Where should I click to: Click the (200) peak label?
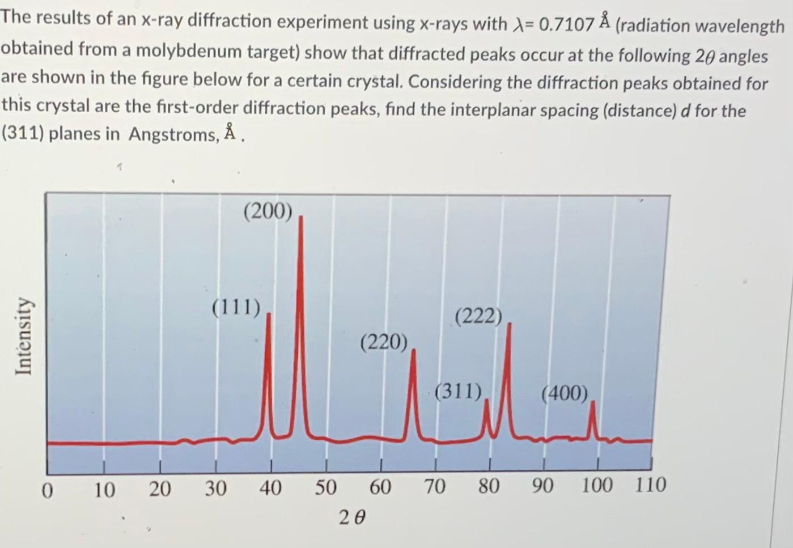click(x=268, y=211)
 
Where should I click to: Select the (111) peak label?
click(x=236, y=308)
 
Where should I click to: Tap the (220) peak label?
click(x=384, y=342)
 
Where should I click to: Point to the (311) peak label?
click(x=458, y=391)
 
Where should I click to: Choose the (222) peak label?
click(x=478, y=316)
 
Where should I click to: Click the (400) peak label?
click(x=565, y=393)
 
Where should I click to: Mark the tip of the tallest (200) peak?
click(x=300, y=217)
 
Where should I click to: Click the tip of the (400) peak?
click(x=593, y=402)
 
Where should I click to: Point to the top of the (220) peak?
click(x=413, y=350)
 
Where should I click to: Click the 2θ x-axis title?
click(x=353, y=517)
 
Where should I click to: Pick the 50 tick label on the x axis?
click(x=325, y=487)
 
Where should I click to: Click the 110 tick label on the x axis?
click(x=650, y=485)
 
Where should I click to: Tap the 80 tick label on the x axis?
click(x=488, y=486)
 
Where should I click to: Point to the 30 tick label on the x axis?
click(x=215, y=488)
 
